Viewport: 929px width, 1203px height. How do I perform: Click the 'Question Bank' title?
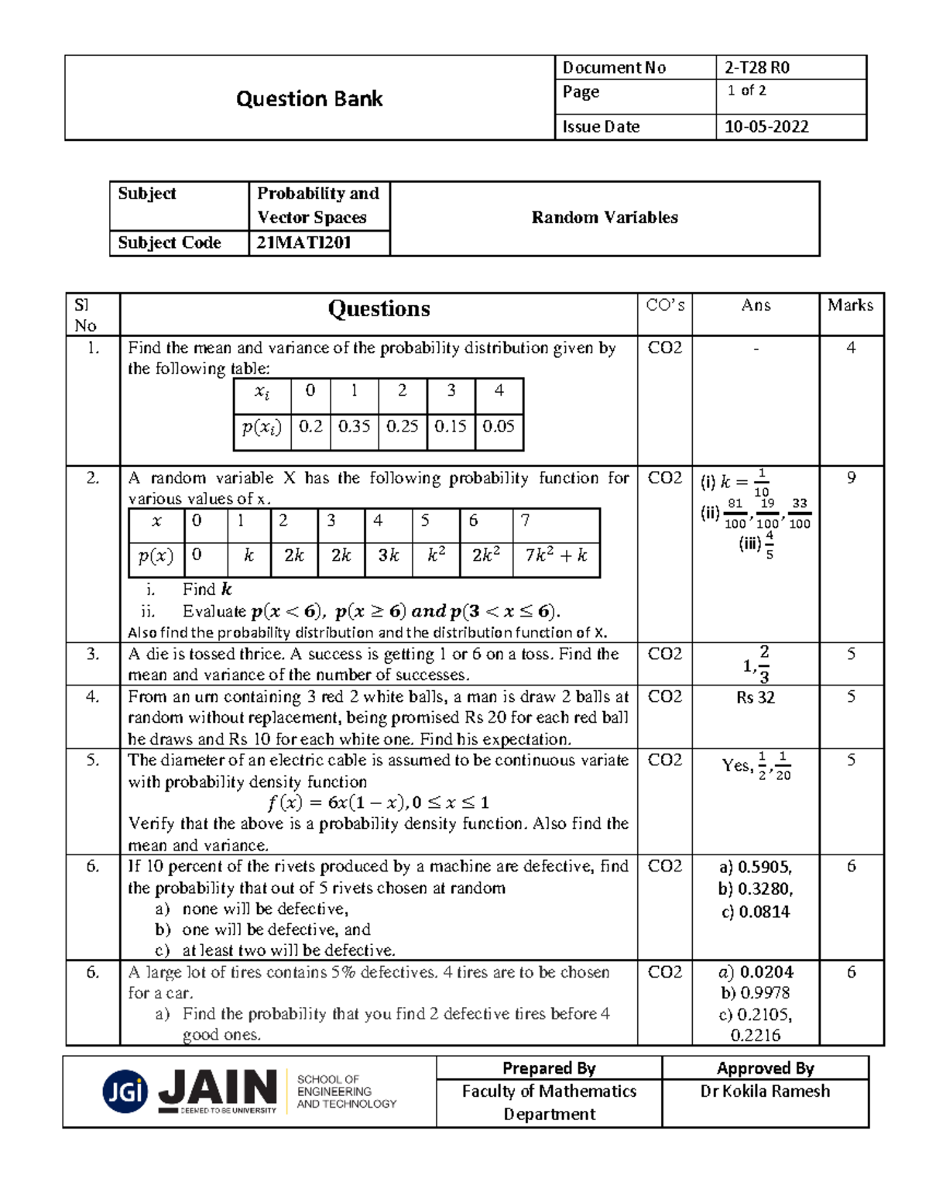pos(309,99)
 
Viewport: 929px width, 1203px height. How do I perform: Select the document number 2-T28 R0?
pos(756,67)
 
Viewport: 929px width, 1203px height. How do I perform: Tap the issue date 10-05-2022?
pos(766,127)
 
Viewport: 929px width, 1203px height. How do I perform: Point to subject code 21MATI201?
pos(303,242)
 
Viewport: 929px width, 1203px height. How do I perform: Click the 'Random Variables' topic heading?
pos(604,218)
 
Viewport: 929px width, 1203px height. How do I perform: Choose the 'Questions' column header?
pos(379,309)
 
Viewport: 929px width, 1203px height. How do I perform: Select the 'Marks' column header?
pos(850,305)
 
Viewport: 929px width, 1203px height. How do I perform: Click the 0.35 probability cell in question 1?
pos(354,426)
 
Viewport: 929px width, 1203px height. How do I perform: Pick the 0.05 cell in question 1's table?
pos(499,426)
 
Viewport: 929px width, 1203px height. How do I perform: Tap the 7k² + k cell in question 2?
pos(556,555)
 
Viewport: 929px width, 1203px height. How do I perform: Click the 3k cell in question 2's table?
pos(388,555)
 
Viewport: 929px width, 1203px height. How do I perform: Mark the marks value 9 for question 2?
pos(851,478)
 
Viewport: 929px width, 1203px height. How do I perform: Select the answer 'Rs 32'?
pos(755,697)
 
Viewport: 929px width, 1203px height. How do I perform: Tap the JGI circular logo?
pos(125,1091)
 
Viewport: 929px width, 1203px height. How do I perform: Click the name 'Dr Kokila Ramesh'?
pos(765,1091)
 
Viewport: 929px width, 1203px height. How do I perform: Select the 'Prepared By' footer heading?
pos(549,1068)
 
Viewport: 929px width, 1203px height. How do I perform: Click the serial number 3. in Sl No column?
pos(93,655)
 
